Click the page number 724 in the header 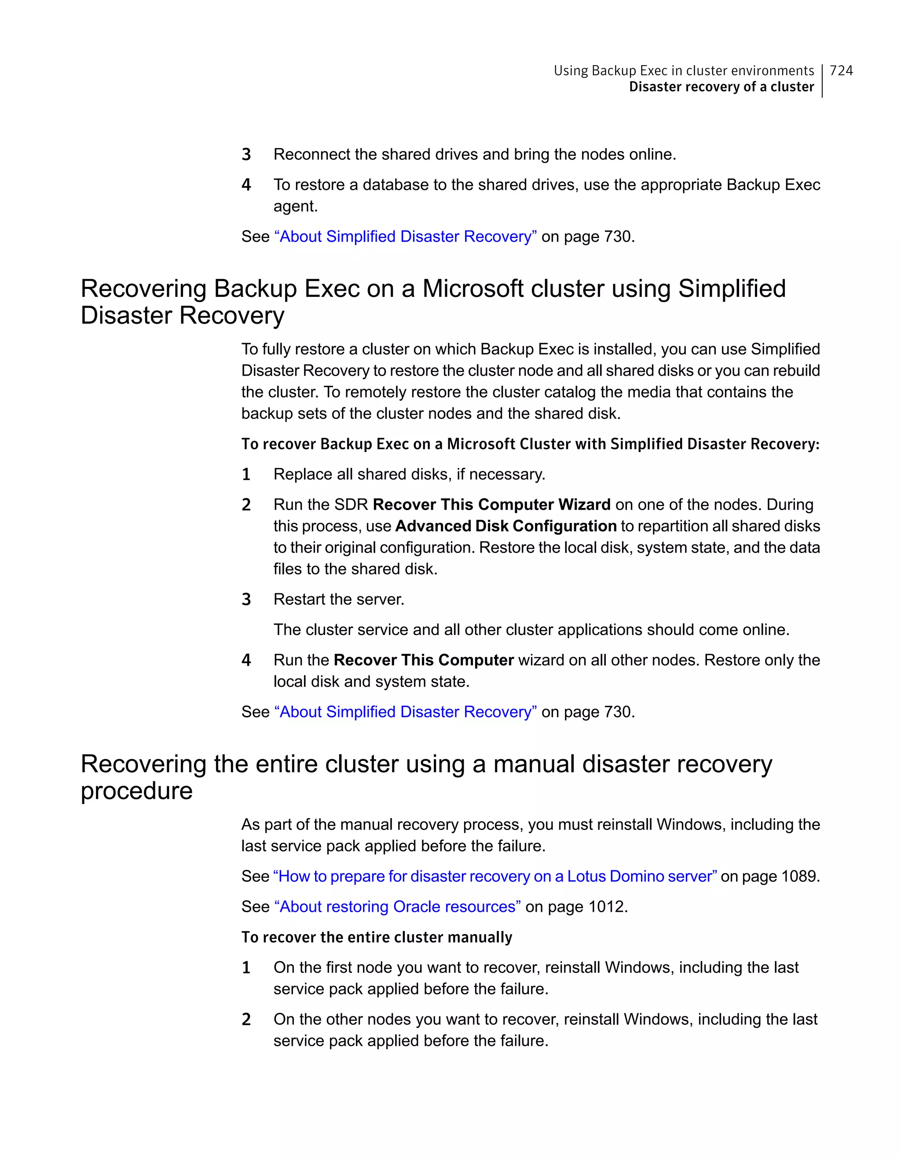841,70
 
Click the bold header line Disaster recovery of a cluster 721,87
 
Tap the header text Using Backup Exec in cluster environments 683,70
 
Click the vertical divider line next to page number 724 822,80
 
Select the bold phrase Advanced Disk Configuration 505,526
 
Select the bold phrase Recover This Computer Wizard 491,504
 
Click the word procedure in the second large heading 136,791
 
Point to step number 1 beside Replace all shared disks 246,474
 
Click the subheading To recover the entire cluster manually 377,937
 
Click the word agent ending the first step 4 294,206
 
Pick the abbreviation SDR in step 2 352,504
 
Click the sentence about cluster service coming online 531,629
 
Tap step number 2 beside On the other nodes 246,1019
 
